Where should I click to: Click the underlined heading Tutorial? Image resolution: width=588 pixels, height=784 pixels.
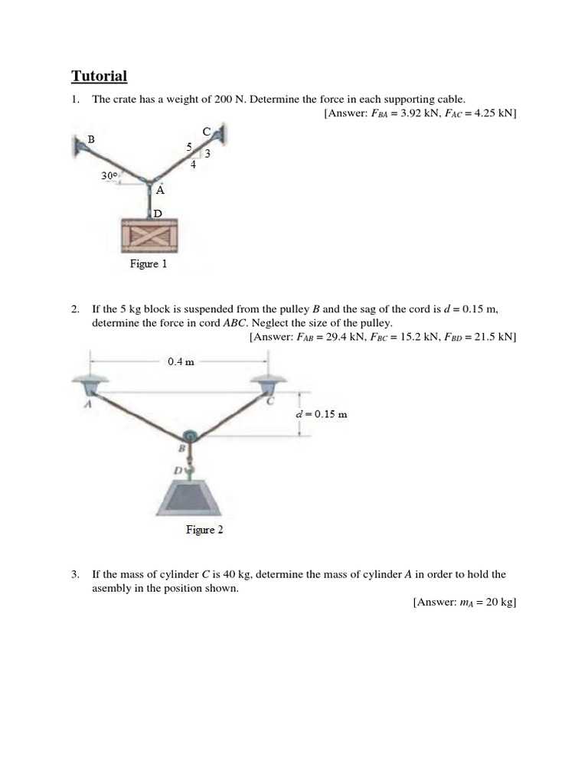99,76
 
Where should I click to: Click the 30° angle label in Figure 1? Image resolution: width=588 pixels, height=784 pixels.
109,175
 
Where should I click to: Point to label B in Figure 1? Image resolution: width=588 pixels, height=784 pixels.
91,139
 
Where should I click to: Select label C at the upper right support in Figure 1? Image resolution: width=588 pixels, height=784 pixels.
206,132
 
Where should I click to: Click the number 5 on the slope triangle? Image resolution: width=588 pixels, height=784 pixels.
189,146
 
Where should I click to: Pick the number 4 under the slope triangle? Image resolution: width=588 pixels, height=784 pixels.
193,164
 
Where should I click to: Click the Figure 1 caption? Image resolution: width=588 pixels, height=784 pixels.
148,264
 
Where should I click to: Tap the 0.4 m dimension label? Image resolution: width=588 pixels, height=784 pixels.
181,361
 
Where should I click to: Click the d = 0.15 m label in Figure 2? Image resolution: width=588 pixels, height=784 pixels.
322,414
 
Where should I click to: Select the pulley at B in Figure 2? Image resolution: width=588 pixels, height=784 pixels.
191,436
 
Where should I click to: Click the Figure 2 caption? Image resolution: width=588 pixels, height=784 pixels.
204,530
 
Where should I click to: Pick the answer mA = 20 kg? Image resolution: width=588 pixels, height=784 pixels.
465,603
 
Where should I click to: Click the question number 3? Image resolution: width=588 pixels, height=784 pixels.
75,573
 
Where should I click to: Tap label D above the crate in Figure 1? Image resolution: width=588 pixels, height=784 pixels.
157,214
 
